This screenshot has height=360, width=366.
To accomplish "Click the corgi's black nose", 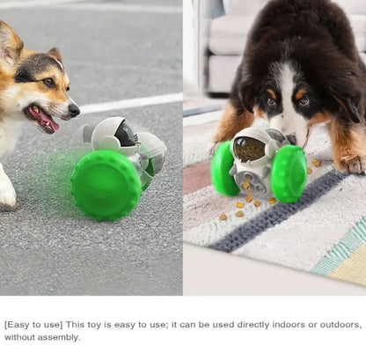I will pyautogui.click(x=74, y=110).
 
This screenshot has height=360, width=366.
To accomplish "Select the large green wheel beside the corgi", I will pyautogui.click(x=106, y=184).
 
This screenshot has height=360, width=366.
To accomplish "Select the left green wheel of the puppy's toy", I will pyautogui.click(x=223, y=168).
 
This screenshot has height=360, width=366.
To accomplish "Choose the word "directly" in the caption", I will pyautogui.click(x=233, y=325).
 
